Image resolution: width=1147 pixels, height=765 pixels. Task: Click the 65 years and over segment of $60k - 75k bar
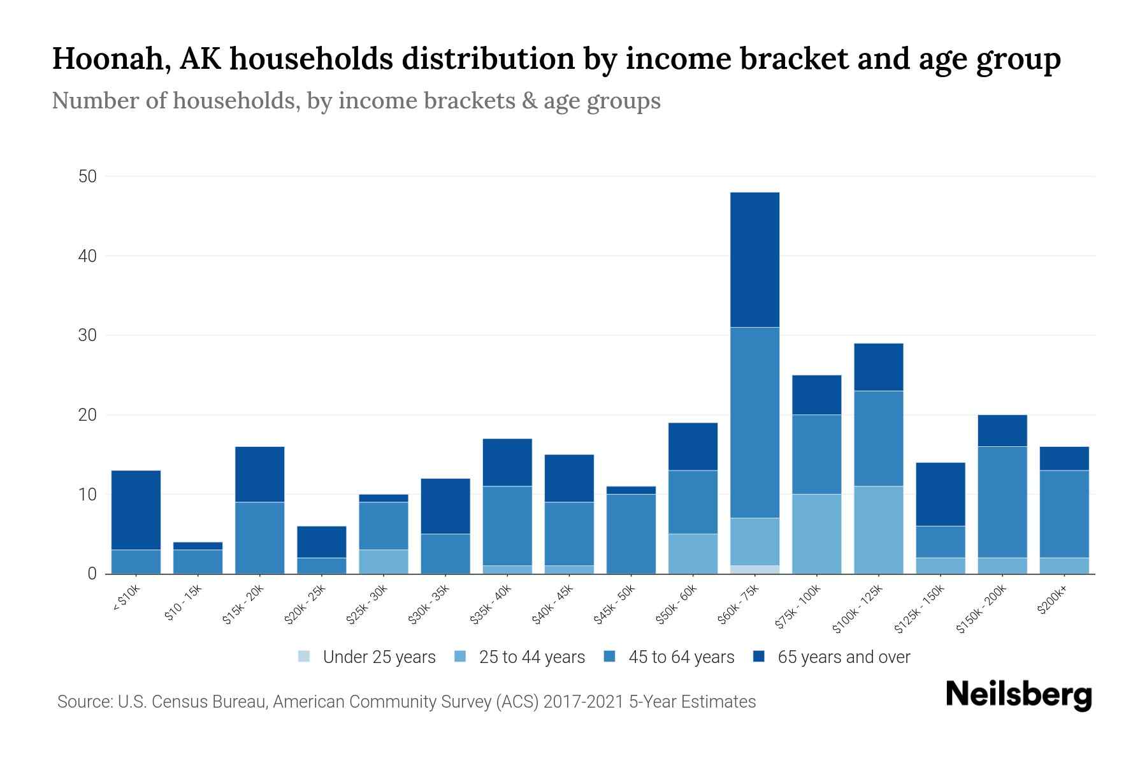pos(754,259)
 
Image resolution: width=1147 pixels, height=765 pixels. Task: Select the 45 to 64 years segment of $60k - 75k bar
pos(754,422)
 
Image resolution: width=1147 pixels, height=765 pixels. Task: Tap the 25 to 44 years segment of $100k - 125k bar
pos(879,530)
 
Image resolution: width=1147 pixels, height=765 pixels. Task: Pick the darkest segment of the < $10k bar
pos(136,510)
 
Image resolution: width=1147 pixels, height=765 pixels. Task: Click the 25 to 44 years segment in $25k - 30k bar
pos(384,562)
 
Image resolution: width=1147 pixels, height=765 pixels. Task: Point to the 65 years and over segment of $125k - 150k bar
pos(941,494)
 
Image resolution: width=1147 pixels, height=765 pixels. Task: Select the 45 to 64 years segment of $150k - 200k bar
pos(1002,502)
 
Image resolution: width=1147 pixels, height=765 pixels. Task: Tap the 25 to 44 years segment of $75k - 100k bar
pos(816,534)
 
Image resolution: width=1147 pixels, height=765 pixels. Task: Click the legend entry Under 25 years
pos(367,657)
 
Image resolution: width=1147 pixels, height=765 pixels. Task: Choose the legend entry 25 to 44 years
pos(520,657)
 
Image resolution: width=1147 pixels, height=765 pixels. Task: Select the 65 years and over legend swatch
pos(759,657)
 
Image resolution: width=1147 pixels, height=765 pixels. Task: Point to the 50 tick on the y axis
pos(87,177)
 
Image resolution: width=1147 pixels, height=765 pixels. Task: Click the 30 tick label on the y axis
pos(87,335)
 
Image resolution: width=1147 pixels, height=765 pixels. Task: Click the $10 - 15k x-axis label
pos(184,604)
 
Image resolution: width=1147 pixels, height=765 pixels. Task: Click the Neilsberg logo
pos(1019,694)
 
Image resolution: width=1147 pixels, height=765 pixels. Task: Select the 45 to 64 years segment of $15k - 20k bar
pos(260,538)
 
